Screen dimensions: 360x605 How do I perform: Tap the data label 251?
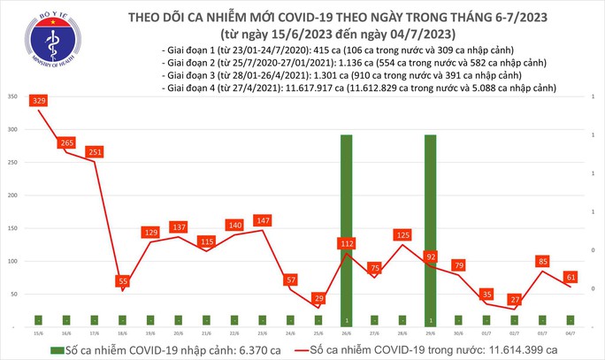[x=96, y=152]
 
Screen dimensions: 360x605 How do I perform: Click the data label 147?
[x=264, y=220]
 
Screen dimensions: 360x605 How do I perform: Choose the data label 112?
[x=347, y=243]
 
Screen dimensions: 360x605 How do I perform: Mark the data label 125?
[x=403, y=235]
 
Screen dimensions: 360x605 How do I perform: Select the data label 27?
[x=514, y=300]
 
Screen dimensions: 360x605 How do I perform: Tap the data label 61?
[x=571, y=277]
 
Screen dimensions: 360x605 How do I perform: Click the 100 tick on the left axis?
[x=11, y=261]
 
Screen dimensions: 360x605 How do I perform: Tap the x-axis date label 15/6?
[x=39, y=334]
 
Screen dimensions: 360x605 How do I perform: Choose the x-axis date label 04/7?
[x=570, y=334]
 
